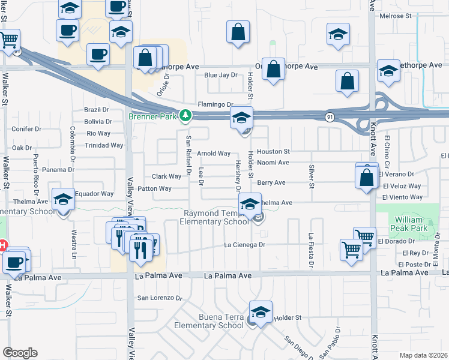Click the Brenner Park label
[x=154, y=117]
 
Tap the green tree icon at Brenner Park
[x=186, y=116]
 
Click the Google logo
[x=20, y=353]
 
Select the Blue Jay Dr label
[x=221, y=75]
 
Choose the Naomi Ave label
[x=273, y=162]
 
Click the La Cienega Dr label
[x=244, y=245]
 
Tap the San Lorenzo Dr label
[x=159, y=297]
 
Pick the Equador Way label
[x=94, y=194]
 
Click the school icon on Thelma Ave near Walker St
[x=62, y=200]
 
